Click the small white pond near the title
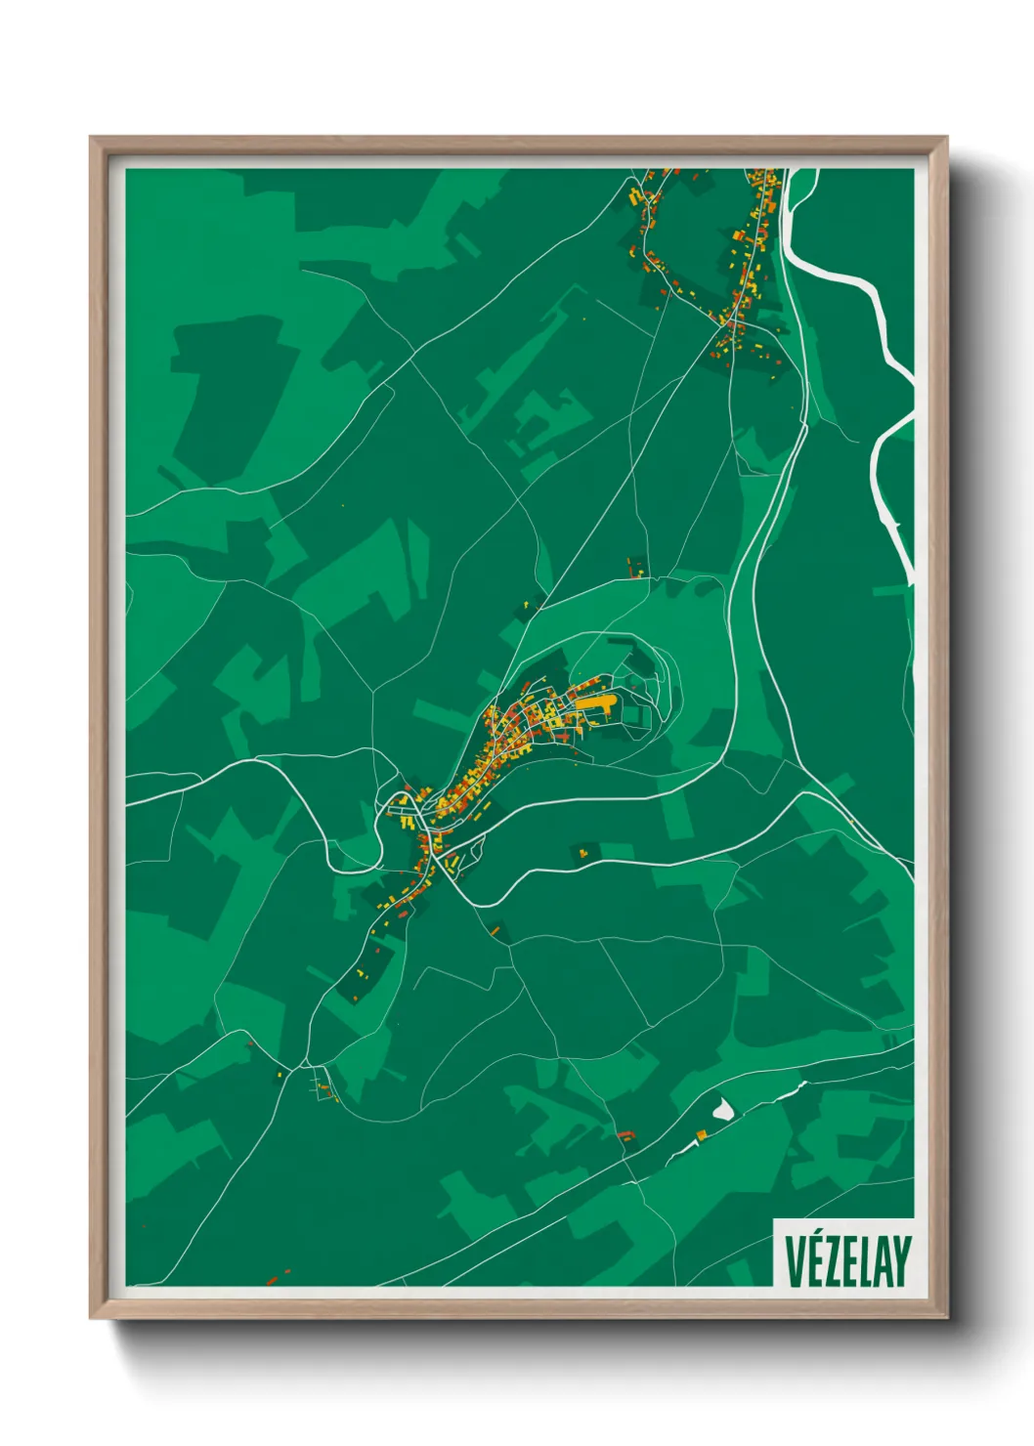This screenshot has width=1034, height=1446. (723, 1108)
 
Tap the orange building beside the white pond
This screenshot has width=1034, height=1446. (701, 1134)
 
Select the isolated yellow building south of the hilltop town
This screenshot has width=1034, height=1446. (583, 853)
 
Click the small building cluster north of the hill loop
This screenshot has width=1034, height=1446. (636, 567)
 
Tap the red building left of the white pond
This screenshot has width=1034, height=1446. (625, 1134)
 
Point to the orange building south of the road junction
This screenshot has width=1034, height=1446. (495, 930)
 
